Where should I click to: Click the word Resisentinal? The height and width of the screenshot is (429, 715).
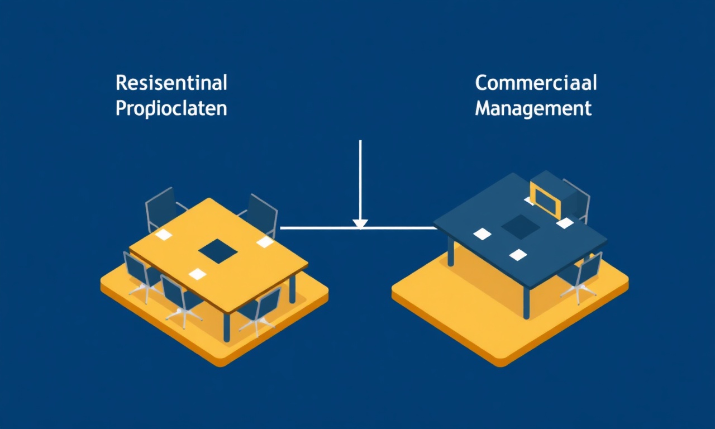point(171,83)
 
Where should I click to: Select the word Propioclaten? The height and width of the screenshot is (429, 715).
point(171,109)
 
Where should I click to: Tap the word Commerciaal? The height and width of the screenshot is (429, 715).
point(536,83)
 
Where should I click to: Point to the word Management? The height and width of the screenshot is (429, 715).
point(533,109)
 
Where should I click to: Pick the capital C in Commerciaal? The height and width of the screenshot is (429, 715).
point(482,83)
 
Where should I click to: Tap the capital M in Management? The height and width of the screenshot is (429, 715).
point(483,108)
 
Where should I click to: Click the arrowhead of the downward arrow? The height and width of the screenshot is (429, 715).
point(360,224)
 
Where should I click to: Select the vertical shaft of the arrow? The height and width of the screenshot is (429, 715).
point(360,180)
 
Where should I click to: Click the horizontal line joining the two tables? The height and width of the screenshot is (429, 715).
point(359,228)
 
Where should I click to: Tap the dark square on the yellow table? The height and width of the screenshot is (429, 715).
point(218,251)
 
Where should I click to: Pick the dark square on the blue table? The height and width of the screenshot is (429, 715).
point(521,227)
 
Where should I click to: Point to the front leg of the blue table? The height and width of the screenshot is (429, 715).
point(526,303)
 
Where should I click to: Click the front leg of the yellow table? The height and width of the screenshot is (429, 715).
point(227,327)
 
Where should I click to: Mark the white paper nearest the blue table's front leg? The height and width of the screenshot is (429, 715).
point(518,255)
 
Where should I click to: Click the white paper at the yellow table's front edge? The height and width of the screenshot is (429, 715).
point(197,274)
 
